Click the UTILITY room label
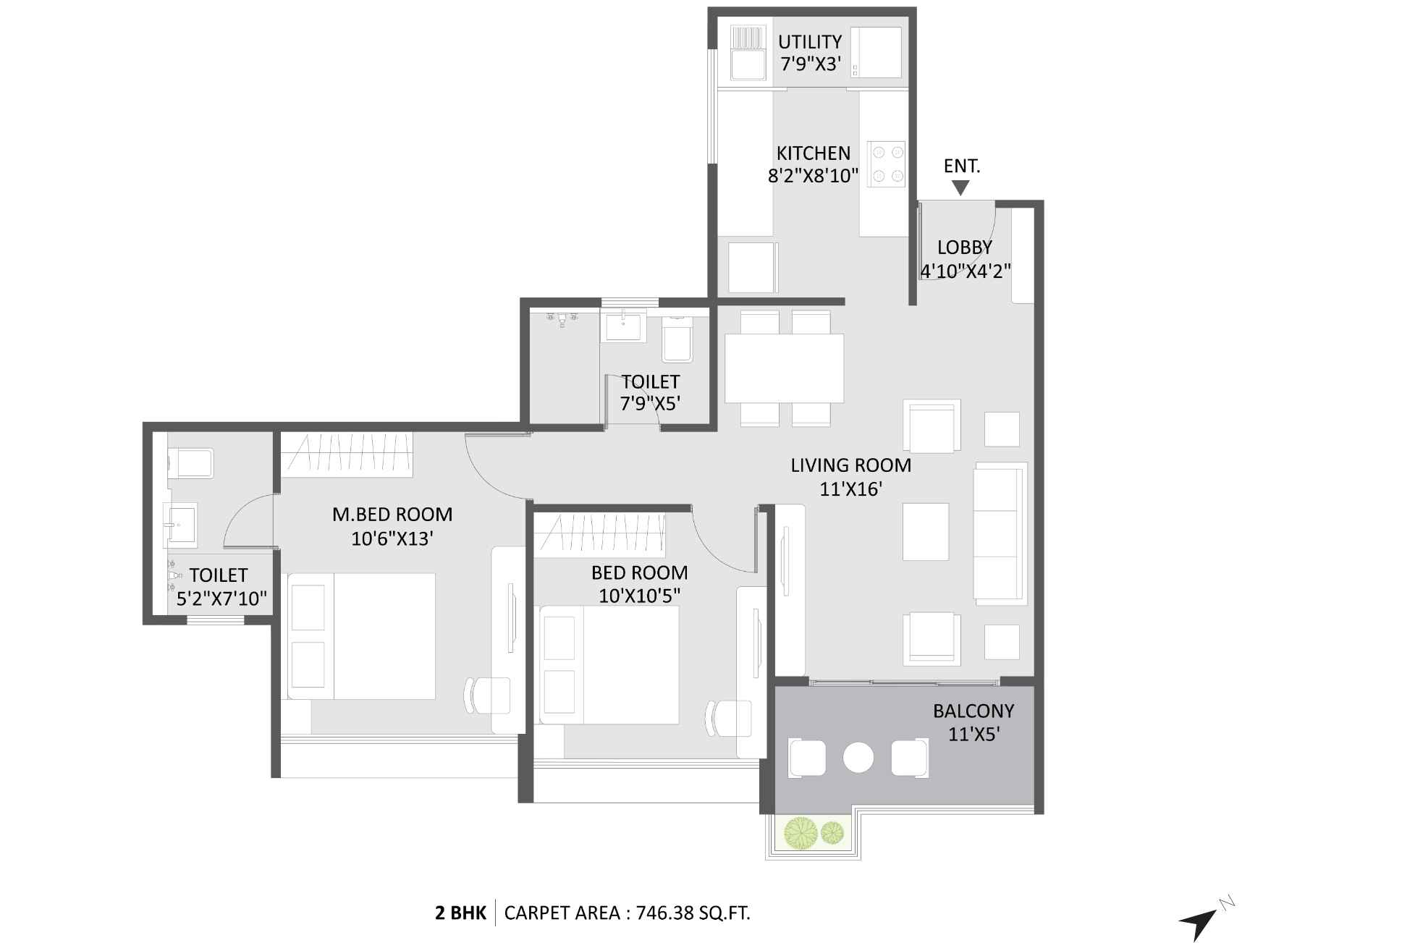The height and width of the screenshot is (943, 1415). (809, 41)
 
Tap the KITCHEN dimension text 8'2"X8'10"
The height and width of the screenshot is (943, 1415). (813, 176)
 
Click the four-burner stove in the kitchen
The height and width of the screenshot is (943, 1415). (887, 164)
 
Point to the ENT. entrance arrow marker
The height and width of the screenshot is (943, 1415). (960, 188)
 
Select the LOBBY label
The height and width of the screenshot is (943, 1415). (964, 248)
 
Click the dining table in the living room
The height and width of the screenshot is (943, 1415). (784, 368)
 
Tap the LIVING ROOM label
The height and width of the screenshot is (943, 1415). (850, 465)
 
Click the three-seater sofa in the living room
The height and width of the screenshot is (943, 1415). (1000, 533)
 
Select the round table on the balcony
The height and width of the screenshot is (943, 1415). (858, 758)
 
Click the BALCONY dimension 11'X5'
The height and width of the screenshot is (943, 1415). (973, 735)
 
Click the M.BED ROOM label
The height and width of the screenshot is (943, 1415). (392, 515)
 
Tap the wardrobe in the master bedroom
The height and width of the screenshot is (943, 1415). (347, 454)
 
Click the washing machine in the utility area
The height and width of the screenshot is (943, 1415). (876, 51)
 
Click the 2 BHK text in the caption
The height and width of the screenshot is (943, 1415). (460, 913)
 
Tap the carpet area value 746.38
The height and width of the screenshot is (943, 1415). (664, 913)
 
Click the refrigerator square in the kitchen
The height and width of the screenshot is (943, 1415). (751, 268)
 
